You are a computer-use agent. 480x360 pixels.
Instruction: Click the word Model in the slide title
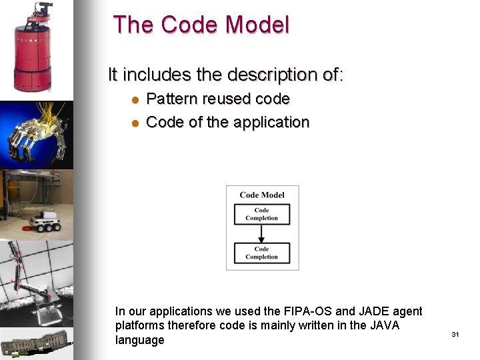click(x=257, y=25)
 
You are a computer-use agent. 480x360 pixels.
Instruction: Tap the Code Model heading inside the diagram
click(x=262, y=195)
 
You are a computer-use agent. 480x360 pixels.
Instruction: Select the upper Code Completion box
click(x=262, y=214)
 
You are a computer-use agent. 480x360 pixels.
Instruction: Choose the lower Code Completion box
click(x=262, y=253)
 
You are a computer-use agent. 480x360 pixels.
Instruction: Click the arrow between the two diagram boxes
click(x=262, y=233)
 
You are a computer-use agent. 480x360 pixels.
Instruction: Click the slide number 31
click(x=455, y=334)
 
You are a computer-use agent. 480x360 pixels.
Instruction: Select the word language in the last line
click(x=139, y=340)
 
